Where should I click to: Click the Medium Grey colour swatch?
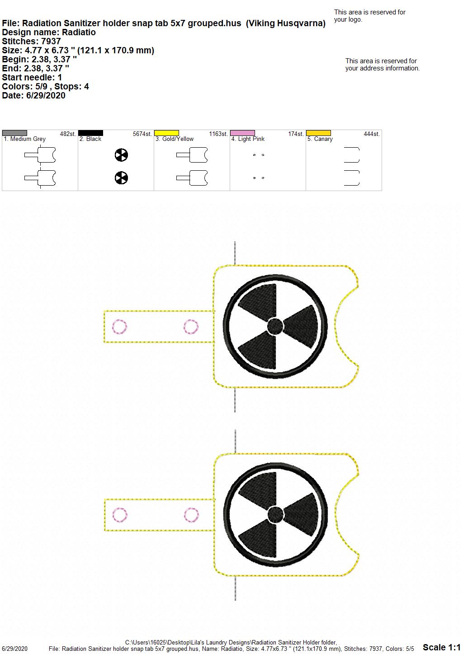pos(14,133)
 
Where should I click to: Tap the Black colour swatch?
pos(90,133)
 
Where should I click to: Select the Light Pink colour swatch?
pos(243,133)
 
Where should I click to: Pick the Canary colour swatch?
pos(319,133)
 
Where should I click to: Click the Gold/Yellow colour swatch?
pos(166,133)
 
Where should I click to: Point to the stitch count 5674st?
pos(142,134)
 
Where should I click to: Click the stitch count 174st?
pos(296,134)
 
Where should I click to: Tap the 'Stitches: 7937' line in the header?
pos(31,42)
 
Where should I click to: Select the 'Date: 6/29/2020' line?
pos(33,96)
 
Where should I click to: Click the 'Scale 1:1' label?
pos(442,647)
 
